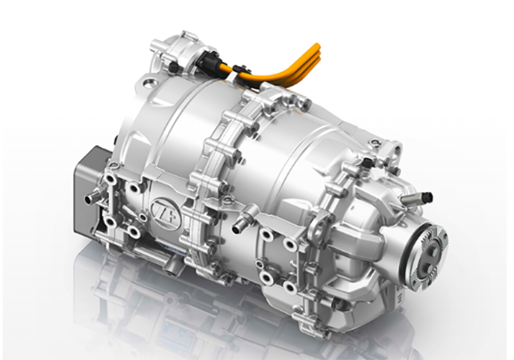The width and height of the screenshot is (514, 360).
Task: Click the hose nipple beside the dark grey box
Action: coord(92,197)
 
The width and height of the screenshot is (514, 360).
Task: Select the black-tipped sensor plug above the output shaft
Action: coord(425,198)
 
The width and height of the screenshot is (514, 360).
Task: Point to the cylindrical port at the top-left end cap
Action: coord(158,45)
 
